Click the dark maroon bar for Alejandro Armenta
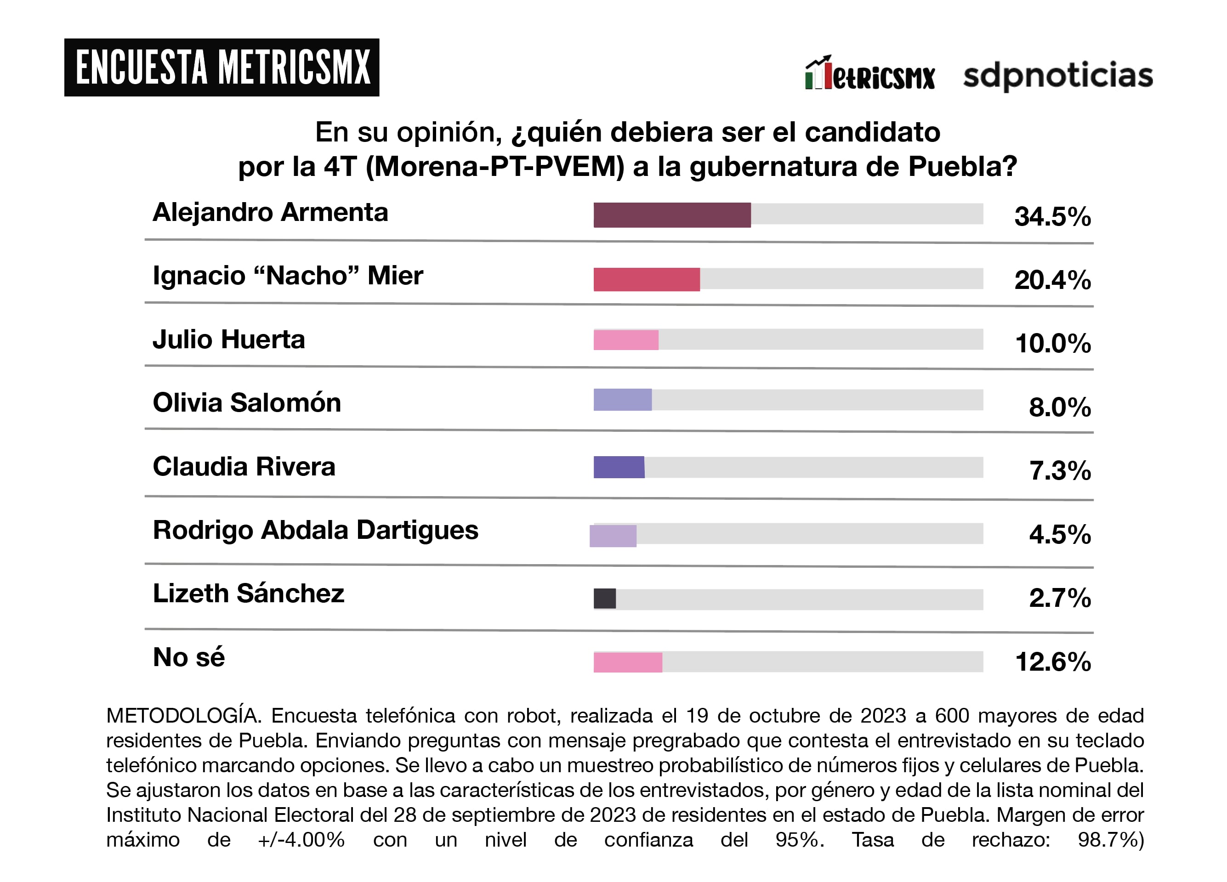[x=672, y=215]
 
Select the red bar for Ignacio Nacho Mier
[x=647, y=279]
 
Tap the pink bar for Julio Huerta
[x=626, y=340]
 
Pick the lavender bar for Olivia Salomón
[x=623, y=400]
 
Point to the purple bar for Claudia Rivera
[x=619, y=467]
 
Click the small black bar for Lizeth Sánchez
[x=605, y=599]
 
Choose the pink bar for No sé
[x=628, y=662]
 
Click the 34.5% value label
[x=1052, y=217]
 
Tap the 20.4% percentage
[x=1052, y=280]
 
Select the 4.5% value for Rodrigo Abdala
[x=1059, y=534]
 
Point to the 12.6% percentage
[x=1053, y=662]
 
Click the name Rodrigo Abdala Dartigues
[x=315, y=531]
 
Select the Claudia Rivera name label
[x=244, y=467]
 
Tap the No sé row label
[x=189, y=657]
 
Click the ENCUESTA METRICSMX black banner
[x=222, y=68]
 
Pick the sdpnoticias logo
[x=1058, y=76]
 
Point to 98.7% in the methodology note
[x=1110, y=840]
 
